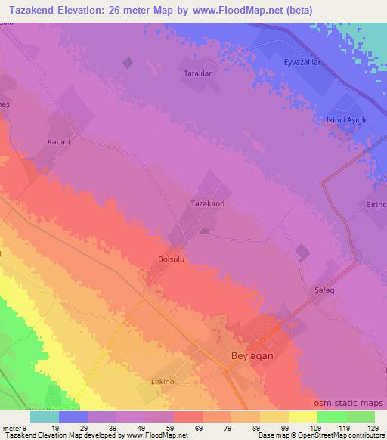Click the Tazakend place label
coord(206,204)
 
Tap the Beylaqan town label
coord(249,355)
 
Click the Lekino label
coord(163,383)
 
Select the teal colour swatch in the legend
coord(44,417)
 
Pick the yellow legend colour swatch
coord(303,417)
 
